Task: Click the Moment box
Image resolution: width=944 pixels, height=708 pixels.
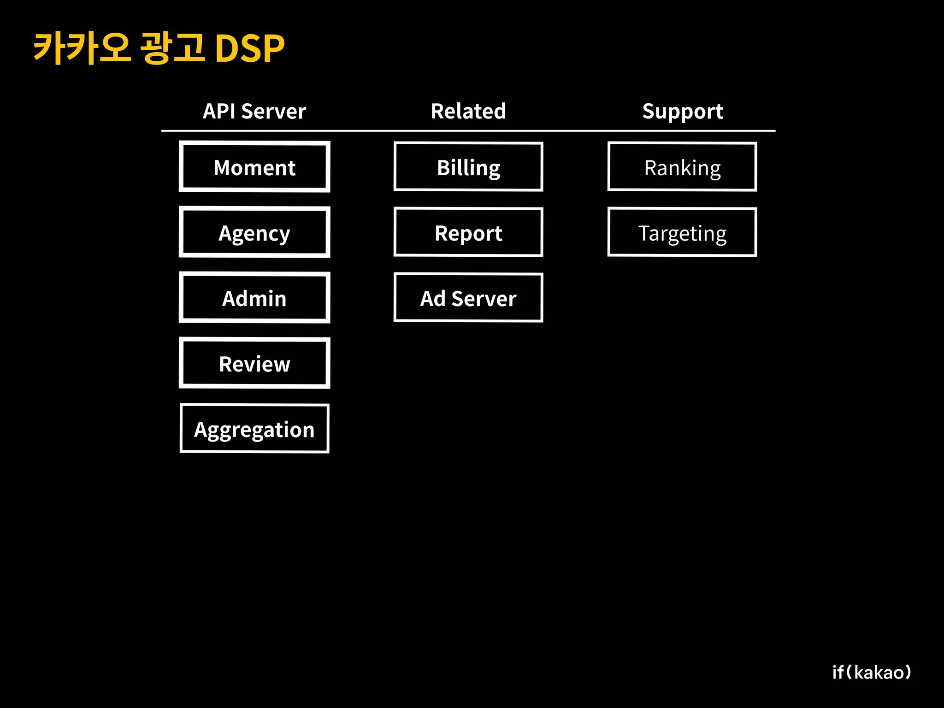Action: click(x=254, y=167)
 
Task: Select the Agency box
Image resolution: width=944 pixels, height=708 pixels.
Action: click(x=254, y=232)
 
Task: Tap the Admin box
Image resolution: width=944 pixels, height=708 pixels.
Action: click(x=254, y=298)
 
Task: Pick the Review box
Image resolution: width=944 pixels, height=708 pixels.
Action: click(x=254, y=363)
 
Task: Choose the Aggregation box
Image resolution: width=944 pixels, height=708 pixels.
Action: click(x=254, y=429)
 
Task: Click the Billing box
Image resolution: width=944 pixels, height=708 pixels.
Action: click(x=468, y=167)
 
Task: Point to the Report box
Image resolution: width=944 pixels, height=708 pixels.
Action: click(x=468, y=232)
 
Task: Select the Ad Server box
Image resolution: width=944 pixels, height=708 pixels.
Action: click(x=468, y=298)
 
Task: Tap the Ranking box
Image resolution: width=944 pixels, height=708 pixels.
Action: click(x=682, y=167)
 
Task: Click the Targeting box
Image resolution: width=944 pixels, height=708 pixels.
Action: click(x=682, y=232)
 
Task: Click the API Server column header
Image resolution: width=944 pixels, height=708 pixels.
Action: click(x=254, y=111)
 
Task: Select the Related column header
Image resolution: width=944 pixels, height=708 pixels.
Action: click(x=468, y=111)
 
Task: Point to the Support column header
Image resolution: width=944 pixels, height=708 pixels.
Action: click(x=683, y=111)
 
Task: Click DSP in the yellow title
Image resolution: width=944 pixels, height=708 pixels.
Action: click(x=250, y=48)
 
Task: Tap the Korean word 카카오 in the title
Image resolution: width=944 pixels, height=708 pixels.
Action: click(x=82, y=48)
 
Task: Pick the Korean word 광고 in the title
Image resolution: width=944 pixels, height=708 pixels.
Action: click(x=172, y=48)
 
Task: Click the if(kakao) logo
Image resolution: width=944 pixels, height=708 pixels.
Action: click(x=872, y=672)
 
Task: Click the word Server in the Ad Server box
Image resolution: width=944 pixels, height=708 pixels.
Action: click(x=484, y=299)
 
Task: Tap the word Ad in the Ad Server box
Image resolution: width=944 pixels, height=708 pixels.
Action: click(x=432, y=299)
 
